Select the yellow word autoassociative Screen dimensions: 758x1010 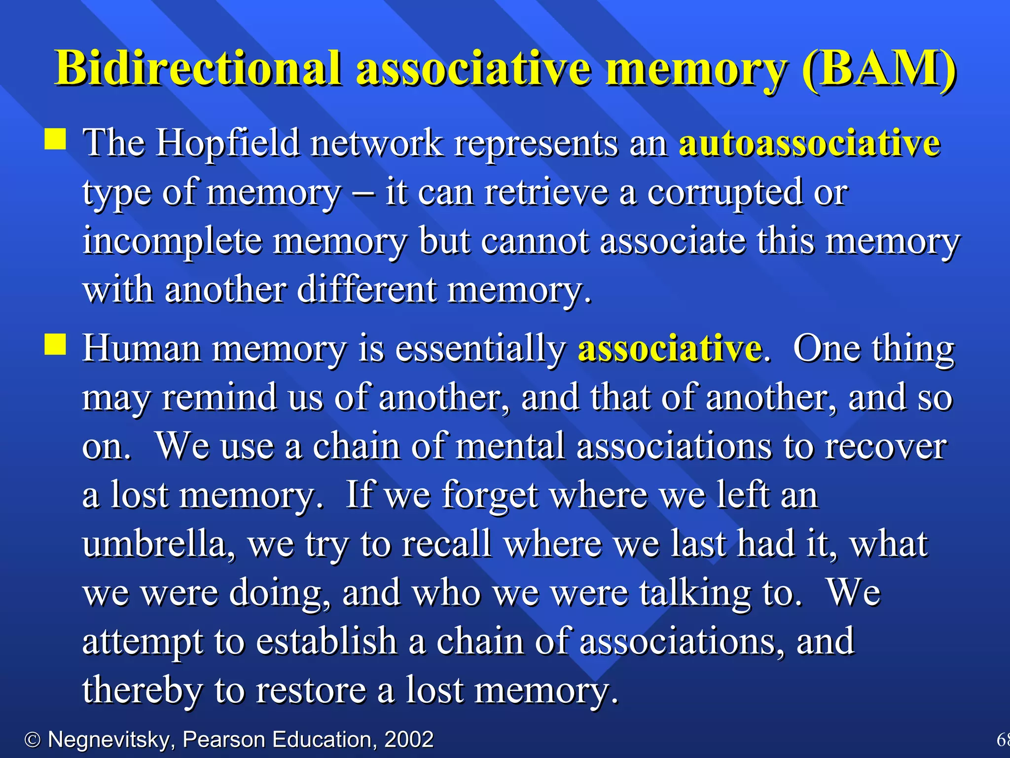pos(809,143)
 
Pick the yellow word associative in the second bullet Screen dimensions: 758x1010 pos(670,348)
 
